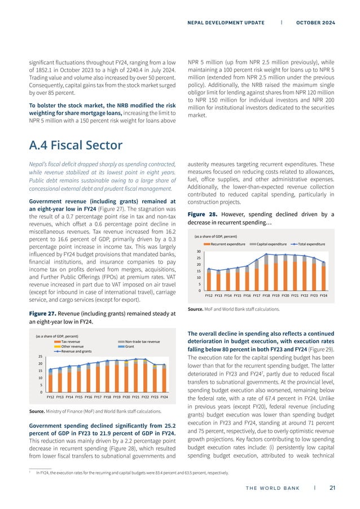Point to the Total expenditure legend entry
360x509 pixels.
(x=308, y=243)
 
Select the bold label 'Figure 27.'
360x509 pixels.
(x=42, y=314)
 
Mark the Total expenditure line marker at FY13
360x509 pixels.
(x=218, y=271)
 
